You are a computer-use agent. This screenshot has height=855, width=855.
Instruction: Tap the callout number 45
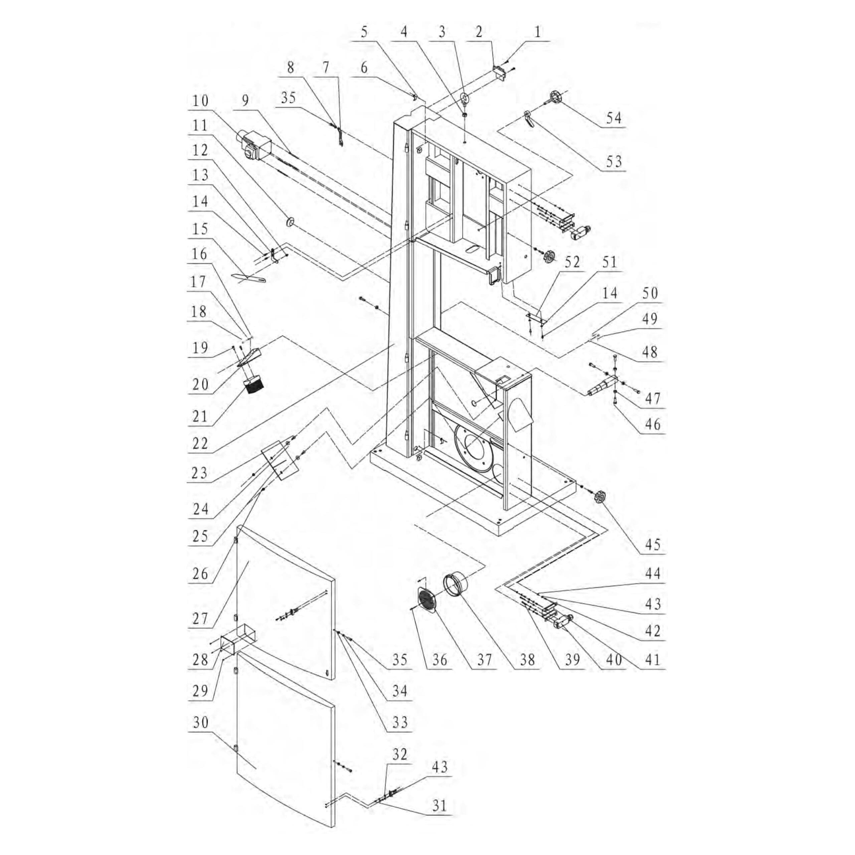(653, 544)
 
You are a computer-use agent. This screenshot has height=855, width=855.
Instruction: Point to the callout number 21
(200, 416)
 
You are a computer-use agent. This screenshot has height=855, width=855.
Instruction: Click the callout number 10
(200, 101)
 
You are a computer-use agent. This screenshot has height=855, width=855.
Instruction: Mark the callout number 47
(653, 398)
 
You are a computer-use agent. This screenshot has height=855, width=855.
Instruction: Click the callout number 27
(200, 619)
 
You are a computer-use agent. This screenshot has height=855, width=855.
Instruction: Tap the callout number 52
(572, 262)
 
